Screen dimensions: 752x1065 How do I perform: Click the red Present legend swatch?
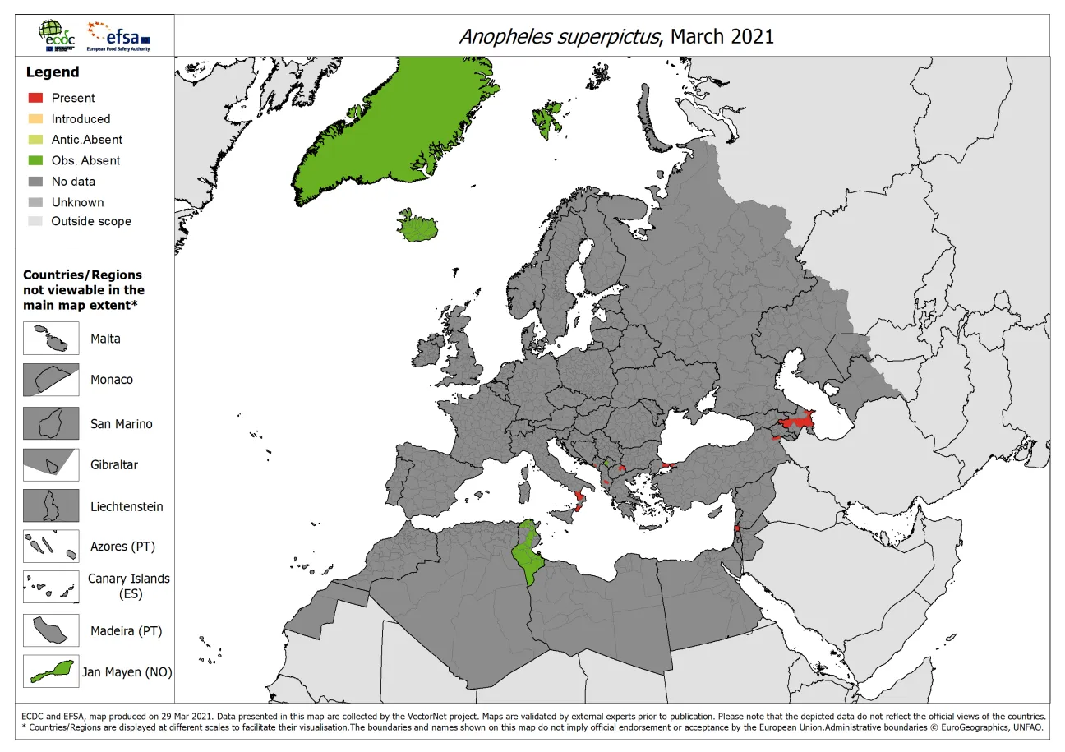(x=35, y=98)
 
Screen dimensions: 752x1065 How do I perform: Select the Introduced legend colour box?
(x=35, y=118)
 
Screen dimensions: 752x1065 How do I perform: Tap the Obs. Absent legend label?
(x=85, y=160)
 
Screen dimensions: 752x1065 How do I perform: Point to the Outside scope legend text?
(x=91, y=221)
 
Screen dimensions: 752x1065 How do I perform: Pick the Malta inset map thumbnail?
(x=51, y=339)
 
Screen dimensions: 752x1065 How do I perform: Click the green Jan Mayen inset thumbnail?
(x=51, y=671)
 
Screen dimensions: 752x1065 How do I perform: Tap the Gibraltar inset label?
(x=114, y=464)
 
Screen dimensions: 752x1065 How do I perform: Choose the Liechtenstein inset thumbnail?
(x=51, y=505)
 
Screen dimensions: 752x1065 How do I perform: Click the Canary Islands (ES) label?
(x=129, y=585)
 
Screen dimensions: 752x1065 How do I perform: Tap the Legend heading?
(x=52, y=72)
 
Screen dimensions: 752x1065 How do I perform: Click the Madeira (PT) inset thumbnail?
(x=51, y=630)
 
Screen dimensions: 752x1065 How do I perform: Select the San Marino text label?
(x=122, y=424)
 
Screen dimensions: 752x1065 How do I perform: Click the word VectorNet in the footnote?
(x=460, y=717)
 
